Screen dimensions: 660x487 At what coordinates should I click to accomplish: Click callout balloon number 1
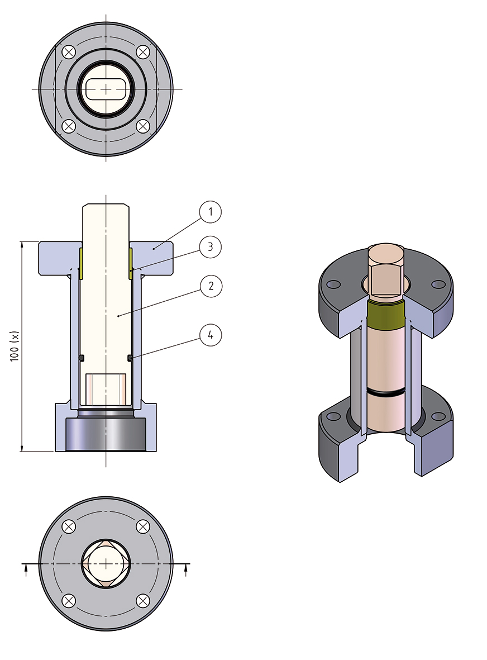click(211, 212)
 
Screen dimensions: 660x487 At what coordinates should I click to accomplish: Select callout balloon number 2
click(211, 287)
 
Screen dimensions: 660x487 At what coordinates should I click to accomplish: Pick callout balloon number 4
click(211, 335)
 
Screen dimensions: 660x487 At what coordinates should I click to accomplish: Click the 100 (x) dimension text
click(16, 346)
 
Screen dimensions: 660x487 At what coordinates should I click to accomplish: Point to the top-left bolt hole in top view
click(69, 53)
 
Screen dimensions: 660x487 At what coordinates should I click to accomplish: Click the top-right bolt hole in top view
click(143, 53)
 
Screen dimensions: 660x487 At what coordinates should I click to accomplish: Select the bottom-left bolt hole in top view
click(69, 126)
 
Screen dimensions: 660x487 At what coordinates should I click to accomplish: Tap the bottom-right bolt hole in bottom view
click(143, 601)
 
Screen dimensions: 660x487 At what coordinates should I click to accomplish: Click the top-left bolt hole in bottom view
click(69, 526)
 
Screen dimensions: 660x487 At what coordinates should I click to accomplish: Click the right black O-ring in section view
click(130, 358)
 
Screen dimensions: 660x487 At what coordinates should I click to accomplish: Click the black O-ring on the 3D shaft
click(386, 394)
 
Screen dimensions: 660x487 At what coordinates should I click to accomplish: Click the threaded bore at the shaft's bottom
click(106, 388)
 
